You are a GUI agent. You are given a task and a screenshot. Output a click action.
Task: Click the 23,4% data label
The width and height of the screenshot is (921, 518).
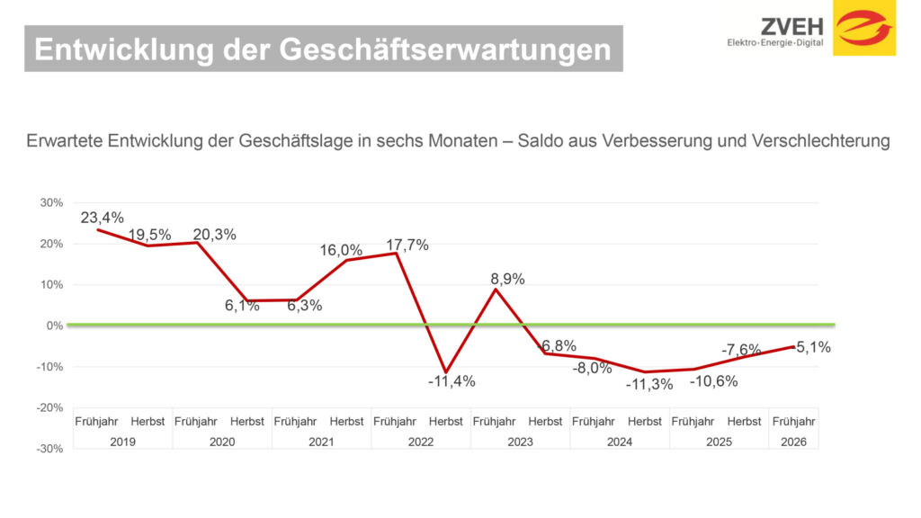coord(102,218)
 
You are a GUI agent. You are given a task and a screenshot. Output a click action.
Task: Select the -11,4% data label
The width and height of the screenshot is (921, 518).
coord(452,380)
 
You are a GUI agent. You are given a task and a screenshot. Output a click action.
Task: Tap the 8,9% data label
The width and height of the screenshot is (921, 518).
coord(506,279)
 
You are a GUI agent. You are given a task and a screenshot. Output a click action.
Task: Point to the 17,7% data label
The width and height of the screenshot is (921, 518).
coord(407,245)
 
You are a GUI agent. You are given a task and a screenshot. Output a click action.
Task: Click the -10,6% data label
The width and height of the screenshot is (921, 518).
coord(713,380)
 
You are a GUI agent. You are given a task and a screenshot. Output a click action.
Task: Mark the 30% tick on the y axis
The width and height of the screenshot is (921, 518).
coord(51,203)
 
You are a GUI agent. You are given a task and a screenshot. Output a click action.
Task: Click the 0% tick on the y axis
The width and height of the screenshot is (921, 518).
coord(55,326)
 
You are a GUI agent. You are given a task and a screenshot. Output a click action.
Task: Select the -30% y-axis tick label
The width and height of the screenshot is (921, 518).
coord(50,449)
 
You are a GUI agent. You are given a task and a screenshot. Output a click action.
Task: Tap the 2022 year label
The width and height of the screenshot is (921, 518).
coord(421,442)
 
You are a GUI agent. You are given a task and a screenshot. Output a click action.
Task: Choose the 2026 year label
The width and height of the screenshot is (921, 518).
coord(794,442)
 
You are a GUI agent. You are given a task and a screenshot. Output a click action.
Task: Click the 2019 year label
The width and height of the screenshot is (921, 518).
coord(122,442)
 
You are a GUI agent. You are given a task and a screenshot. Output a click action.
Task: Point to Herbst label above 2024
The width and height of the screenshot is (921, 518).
coord(645,422)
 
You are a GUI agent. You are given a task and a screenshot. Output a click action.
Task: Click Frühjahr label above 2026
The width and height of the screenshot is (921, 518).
coord(794,422)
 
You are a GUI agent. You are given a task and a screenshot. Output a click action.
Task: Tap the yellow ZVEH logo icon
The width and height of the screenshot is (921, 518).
coord(864,28)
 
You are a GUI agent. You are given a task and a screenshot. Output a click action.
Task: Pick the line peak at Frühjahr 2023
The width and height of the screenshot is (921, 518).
coord(496,289)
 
